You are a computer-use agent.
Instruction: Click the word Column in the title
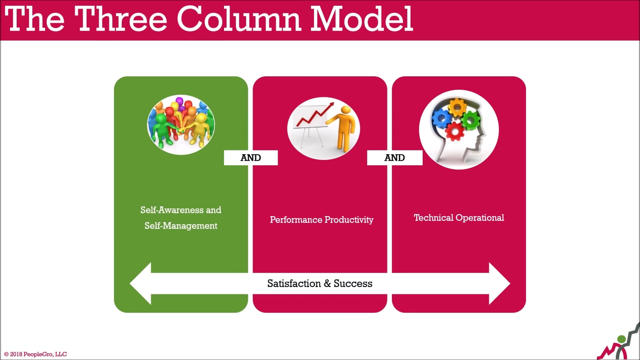point(239,19)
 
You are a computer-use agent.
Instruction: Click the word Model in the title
point(361,19)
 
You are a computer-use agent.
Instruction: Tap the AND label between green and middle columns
point(251,158)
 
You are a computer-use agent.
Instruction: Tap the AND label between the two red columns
point(394,158)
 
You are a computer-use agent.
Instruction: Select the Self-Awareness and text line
point(181,210)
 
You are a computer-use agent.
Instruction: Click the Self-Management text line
point(181,226)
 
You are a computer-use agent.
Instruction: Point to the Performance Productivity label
point(321,220)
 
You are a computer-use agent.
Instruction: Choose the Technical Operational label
point(459,218)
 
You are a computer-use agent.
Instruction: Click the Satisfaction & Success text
point(320,283)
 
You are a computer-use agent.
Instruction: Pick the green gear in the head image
point(471,119)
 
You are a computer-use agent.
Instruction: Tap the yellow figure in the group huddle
point(201,128)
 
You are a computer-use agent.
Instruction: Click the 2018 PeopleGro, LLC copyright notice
point(35,354)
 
